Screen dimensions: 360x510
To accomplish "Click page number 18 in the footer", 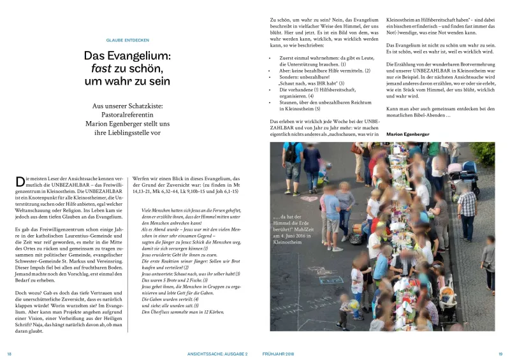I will pyautogui.click(x=10, y=354).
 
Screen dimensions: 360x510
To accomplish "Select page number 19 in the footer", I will pyautogui.click(x=500, y=354).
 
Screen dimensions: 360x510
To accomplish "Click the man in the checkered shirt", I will pyautogui.click(x=467, y=205).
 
